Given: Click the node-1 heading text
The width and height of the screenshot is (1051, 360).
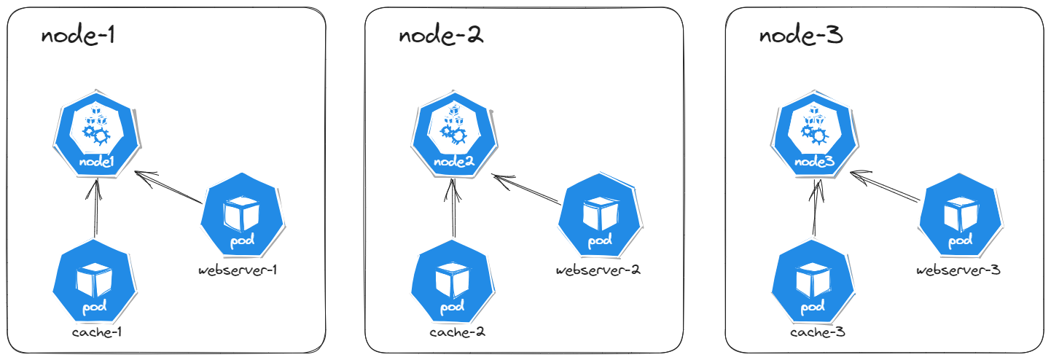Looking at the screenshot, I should point(78,36).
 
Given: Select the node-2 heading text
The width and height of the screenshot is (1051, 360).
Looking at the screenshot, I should point(440,36).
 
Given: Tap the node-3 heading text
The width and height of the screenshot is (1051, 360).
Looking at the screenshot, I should point(800,36).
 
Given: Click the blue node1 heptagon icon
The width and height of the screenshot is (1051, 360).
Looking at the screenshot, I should point(96,133).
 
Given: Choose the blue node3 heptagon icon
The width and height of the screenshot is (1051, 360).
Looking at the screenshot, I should point(813,133).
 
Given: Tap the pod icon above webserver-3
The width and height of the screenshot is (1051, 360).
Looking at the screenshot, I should point(958,215).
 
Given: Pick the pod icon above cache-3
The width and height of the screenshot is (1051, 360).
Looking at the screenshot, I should point(809,282).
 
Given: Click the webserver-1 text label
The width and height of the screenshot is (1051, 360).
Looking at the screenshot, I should point(238,270).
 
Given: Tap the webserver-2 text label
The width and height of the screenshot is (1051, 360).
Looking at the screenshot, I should point(598,270).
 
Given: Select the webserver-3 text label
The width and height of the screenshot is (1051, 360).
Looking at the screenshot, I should point(958,270).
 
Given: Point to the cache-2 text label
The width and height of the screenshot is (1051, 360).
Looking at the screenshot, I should point(457,333).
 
